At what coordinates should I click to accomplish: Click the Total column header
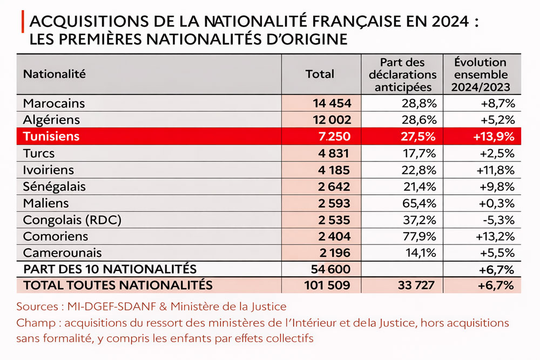320,74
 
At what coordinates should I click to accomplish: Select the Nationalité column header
55,74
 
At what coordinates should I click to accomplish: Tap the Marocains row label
54,103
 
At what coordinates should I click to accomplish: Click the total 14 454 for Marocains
332,103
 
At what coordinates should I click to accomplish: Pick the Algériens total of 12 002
332,119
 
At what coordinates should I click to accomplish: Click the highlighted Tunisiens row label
51,136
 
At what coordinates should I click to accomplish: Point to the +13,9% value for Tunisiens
494,136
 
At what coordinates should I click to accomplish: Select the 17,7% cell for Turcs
421,153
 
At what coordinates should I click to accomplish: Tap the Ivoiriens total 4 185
334,169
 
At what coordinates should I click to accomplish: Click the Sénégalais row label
55,186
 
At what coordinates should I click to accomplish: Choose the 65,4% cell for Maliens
421,203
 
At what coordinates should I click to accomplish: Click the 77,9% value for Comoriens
421,236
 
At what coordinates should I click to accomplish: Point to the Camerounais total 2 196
334,253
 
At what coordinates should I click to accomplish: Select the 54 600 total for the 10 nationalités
332,269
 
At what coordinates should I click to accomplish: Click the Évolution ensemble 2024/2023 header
481,74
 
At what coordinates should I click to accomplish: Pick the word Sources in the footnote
37,307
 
